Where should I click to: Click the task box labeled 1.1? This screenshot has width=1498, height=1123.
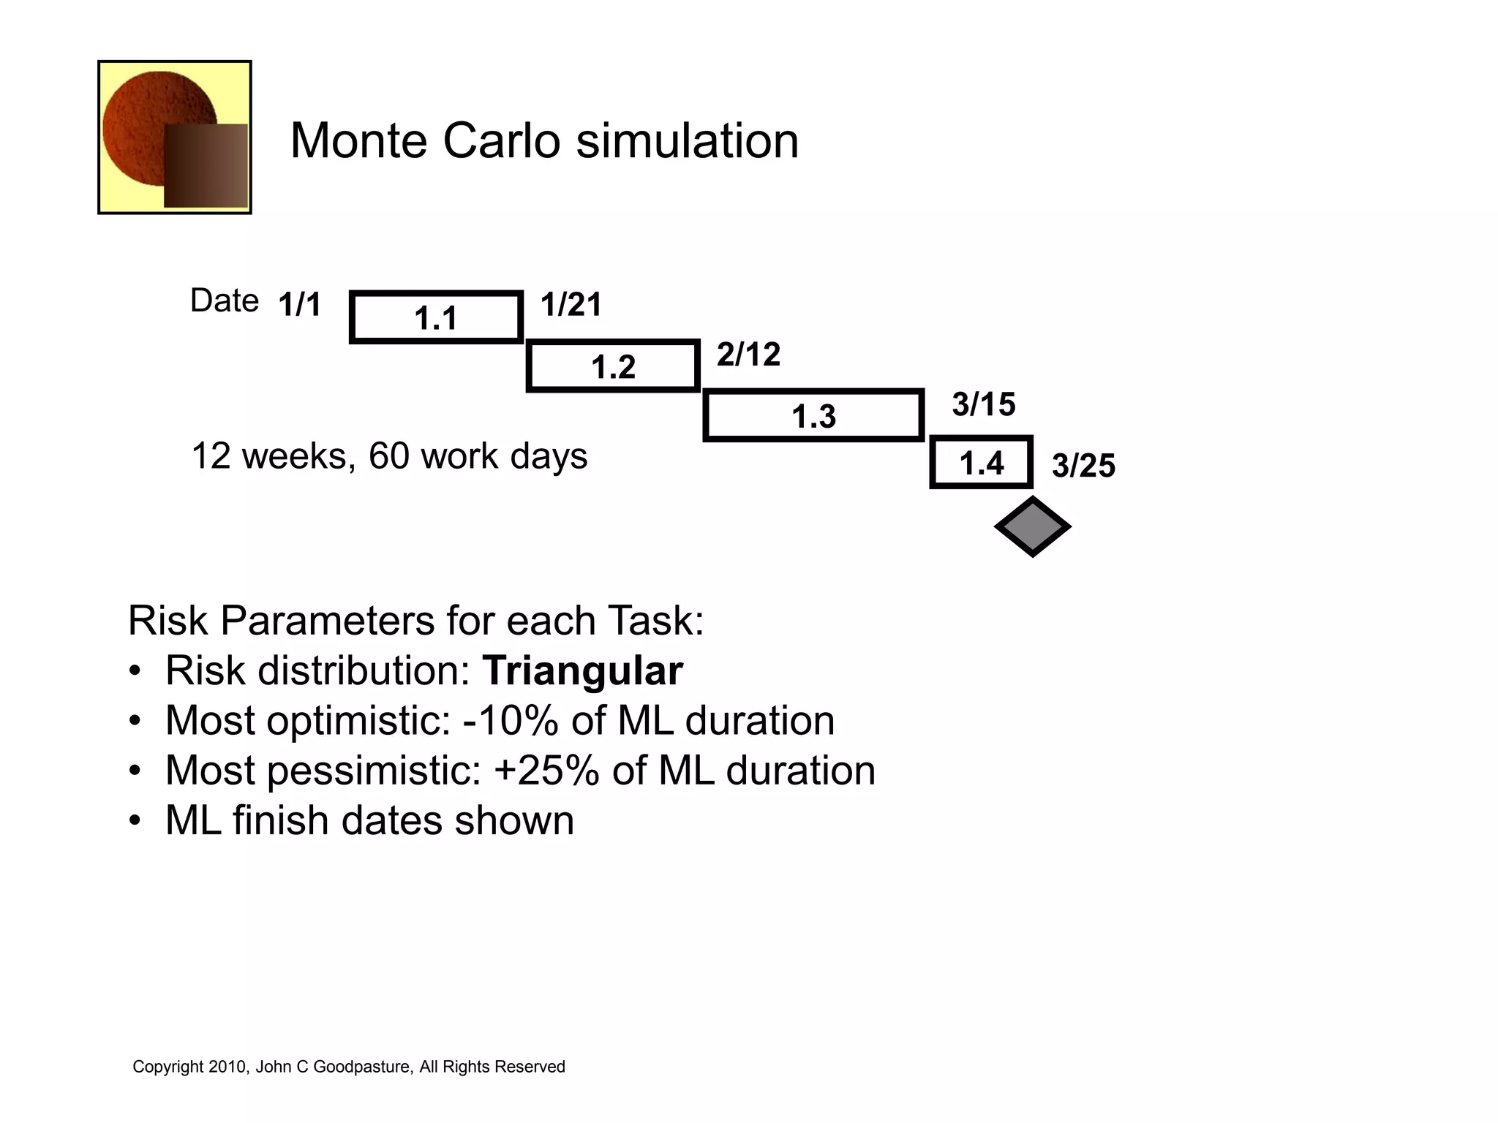point(436,317)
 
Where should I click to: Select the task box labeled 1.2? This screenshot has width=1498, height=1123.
point(613,366)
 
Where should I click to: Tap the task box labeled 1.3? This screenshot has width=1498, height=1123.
point(813,415)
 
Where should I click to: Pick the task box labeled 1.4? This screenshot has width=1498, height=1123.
point(981,462)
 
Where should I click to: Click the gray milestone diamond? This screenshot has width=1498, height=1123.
point(1032,526)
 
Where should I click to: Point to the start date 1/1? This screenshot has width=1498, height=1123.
point(300,304)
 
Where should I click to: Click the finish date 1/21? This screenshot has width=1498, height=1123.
point(571,304)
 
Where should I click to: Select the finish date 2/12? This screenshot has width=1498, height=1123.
point(748,354)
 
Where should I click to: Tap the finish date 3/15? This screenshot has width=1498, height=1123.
point(983,404)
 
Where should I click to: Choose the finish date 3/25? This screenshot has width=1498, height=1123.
point(1083,466)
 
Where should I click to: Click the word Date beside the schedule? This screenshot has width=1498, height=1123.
point(224,300)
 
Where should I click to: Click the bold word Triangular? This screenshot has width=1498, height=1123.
point(582,670)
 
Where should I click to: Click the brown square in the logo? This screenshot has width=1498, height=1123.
point(206,166)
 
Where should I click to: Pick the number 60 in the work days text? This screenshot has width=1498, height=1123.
point(388,455)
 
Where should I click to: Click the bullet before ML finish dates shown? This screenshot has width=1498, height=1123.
point(135,820)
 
